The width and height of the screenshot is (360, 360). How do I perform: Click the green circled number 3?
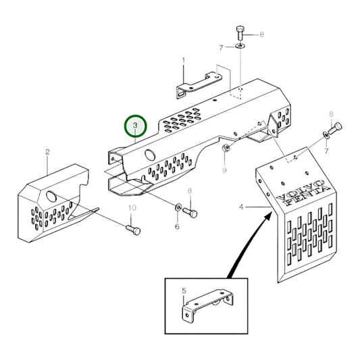[x=135, y=126]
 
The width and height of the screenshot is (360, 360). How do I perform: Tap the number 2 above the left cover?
[x=47, y=152]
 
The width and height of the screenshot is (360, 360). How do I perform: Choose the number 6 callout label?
[x=177, y=226]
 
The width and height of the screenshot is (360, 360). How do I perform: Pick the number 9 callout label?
[x=225, y=172]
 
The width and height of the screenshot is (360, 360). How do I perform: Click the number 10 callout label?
[x=132, y=207]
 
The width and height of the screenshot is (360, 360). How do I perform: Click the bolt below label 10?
[x=134, y=231]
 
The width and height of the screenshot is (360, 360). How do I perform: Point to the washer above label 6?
[x=178, y=209]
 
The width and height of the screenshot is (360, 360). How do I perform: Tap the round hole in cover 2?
[x=51, y=197]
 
